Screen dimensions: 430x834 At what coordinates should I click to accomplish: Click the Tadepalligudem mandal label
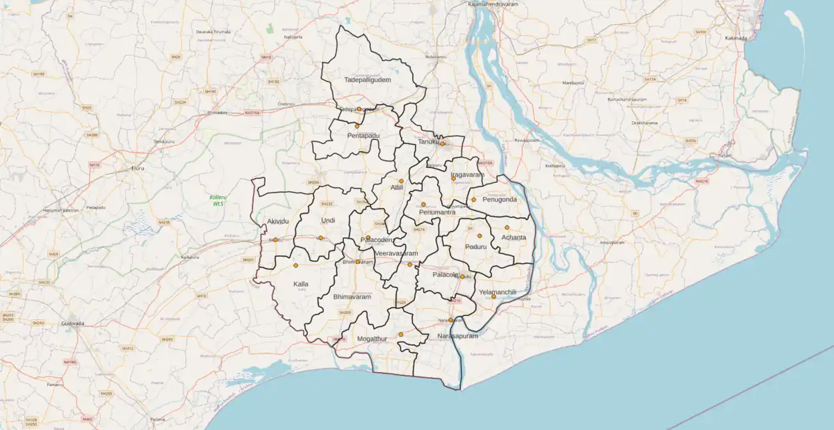[368, 80]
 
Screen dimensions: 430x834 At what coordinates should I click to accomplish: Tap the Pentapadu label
[363, 135]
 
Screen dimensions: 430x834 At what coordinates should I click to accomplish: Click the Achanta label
[514, 237]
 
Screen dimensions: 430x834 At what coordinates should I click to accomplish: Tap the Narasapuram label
[458, 336]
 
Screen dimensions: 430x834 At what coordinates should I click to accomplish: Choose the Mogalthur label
[370, 338]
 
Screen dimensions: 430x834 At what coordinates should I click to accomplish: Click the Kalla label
[300, 284]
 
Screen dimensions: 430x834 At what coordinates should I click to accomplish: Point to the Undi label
[327, 221]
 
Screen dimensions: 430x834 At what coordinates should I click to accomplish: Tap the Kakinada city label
[735, 38]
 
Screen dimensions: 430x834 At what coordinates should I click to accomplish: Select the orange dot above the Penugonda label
[474, 200]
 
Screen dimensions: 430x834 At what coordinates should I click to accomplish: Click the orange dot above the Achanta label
[507, 228]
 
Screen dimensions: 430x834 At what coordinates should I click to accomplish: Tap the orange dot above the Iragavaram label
[453, 179]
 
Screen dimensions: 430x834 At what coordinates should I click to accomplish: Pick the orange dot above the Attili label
[401, 181]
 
